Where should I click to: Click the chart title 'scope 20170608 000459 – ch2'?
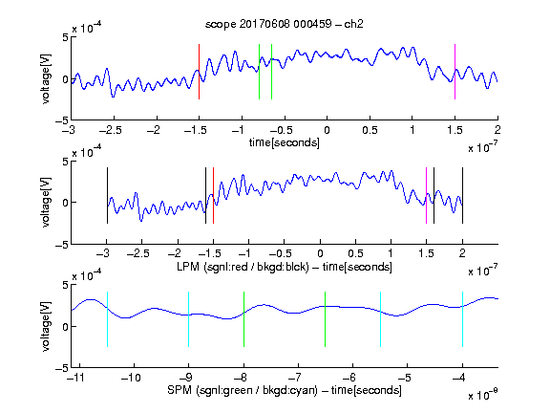click(x=285, y=24)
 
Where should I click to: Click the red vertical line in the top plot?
click(x=199, y=72)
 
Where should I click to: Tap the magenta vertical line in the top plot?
click(x=455, y=72)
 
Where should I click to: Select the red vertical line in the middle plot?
click(x=213, y=196)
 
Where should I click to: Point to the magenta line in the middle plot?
click(x=426, y=196)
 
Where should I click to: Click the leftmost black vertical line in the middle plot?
click(x=107, y=196)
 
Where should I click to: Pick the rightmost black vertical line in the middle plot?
click(x=462, y=196)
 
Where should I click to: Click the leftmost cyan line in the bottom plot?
click(x=107, y=319)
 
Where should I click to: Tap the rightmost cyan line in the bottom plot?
click(x=462, y=319)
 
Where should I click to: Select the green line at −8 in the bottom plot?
click(x=243, y=319)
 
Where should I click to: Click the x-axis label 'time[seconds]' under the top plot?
click(x=285, y=143)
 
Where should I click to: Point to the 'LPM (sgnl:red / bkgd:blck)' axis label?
click(x=243, y=267)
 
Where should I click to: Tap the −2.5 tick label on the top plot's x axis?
click(x=111, y=130)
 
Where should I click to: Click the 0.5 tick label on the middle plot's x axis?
click(x=355, y=253)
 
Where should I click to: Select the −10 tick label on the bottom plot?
click(x=131, y=378)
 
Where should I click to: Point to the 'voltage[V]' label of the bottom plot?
click(x=46, y=326)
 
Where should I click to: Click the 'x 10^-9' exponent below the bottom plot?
click(x=482, y=394)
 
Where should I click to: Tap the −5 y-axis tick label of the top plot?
click(x=62, y=120)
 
